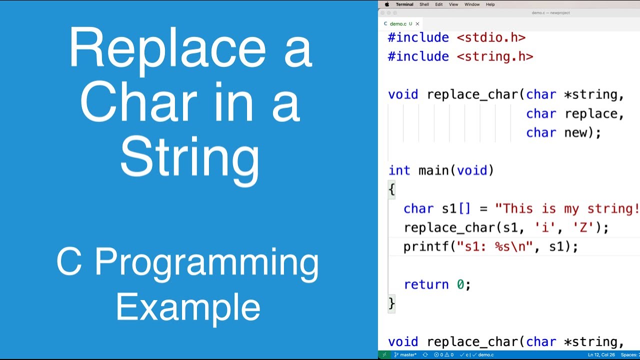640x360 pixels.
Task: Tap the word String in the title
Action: [189, 158]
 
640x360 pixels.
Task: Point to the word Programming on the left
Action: [206, 262]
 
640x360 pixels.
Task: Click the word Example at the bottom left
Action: [188, 307]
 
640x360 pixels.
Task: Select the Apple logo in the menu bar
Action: [386, 4]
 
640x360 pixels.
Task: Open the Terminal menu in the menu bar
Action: [404, 4]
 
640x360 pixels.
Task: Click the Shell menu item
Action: [424, 4]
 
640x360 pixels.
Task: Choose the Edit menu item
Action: [438, 4]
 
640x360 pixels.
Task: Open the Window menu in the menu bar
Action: [472, 4]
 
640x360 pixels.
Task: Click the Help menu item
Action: [490, 4]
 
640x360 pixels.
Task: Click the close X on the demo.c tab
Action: [417, 23]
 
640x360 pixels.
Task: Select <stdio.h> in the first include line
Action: [491, 38]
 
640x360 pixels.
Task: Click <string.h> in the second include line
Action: [495, 57]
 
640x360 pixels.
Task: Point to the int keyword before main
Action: [399, 170]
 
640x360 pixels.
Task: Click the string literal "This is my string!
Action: [567, 208]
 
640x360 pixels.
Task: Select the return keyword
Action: [426, 284]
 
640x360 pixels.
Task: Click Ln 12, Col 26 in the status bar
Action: [600, 355]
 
